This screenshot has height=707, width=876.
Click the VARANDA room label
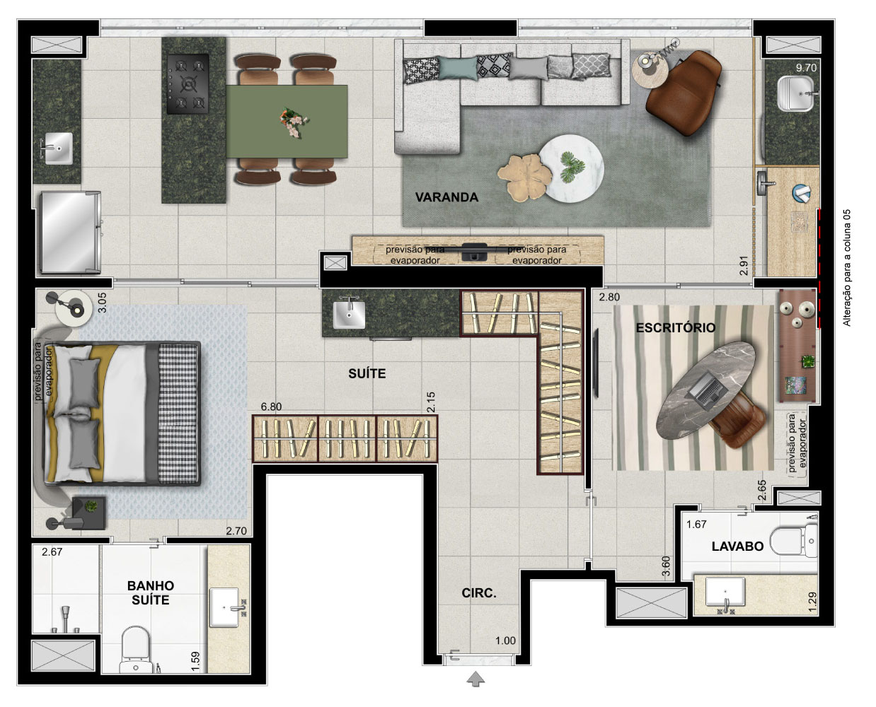446,197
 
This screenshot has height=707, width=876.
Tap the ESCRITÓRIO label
676,328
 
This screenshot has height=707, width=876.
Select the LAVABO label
737,547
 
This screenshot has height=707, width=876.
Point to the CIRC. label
479,593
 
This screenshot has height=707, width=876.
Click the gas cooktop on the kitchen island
188,84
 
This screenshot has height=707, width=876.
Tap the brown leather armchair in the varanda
683,93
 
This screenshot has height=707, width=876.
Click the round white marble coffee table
571,168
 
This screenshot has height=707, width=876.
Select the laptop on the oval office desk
706,387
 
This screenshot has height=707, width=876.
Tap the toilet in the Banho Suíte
135,650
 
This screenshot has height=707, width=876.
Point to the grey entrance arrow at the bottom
476,679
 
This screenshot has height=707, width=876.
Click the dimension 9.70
806,68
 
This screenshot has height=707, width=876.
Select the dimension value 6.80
271,407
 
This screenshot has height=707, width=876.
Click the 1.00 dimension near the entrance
505,641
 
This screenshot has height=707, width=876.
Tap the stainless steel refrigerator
70,232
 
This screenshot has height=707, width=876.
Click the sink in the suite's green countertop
349,314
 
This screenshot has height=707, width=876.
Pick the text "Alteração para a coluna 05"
846,268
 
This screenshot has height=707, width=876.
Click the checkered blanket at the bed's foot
178,414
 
